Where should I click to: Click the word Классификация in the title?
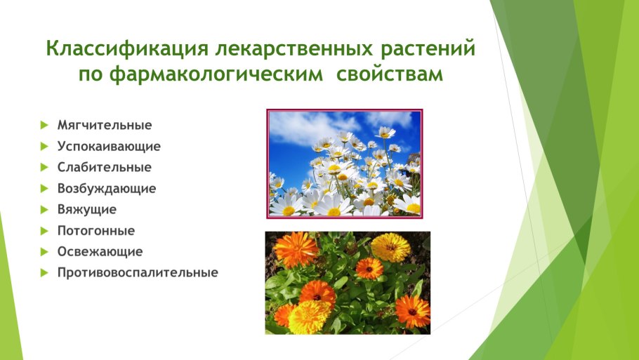[x=124, y=51]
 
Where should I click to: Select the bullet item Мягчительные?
[x=105, y=126]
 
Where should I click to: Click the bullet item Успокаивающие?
[x=109, y=147]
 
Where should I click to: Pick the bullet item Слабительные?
[x=105, y=168]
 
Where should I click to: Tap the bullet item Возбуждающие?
[x=107, y=189]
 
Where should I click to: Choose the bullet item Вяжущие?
[x=87, y=209]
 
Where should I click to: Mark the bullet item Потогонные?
[x=96, y=230]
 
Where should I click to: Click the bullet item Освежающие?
[x=100, y=251]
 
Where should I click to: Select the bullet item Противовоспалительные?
[x=138, y=272]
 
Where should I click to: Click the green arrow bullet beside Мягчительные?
[x=44, y=126]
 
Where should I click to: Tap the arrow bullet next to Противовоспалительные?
[x=44, y=272]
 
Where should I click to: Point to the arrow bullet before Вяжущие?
[x=44, y=209]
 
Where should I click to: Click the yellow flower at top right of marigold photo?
[x=390, y=247]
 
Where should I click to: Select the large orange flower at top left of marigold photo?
[x=296, y=249]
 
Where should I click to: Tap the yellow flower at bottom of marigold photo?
[x=309, y=317]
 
